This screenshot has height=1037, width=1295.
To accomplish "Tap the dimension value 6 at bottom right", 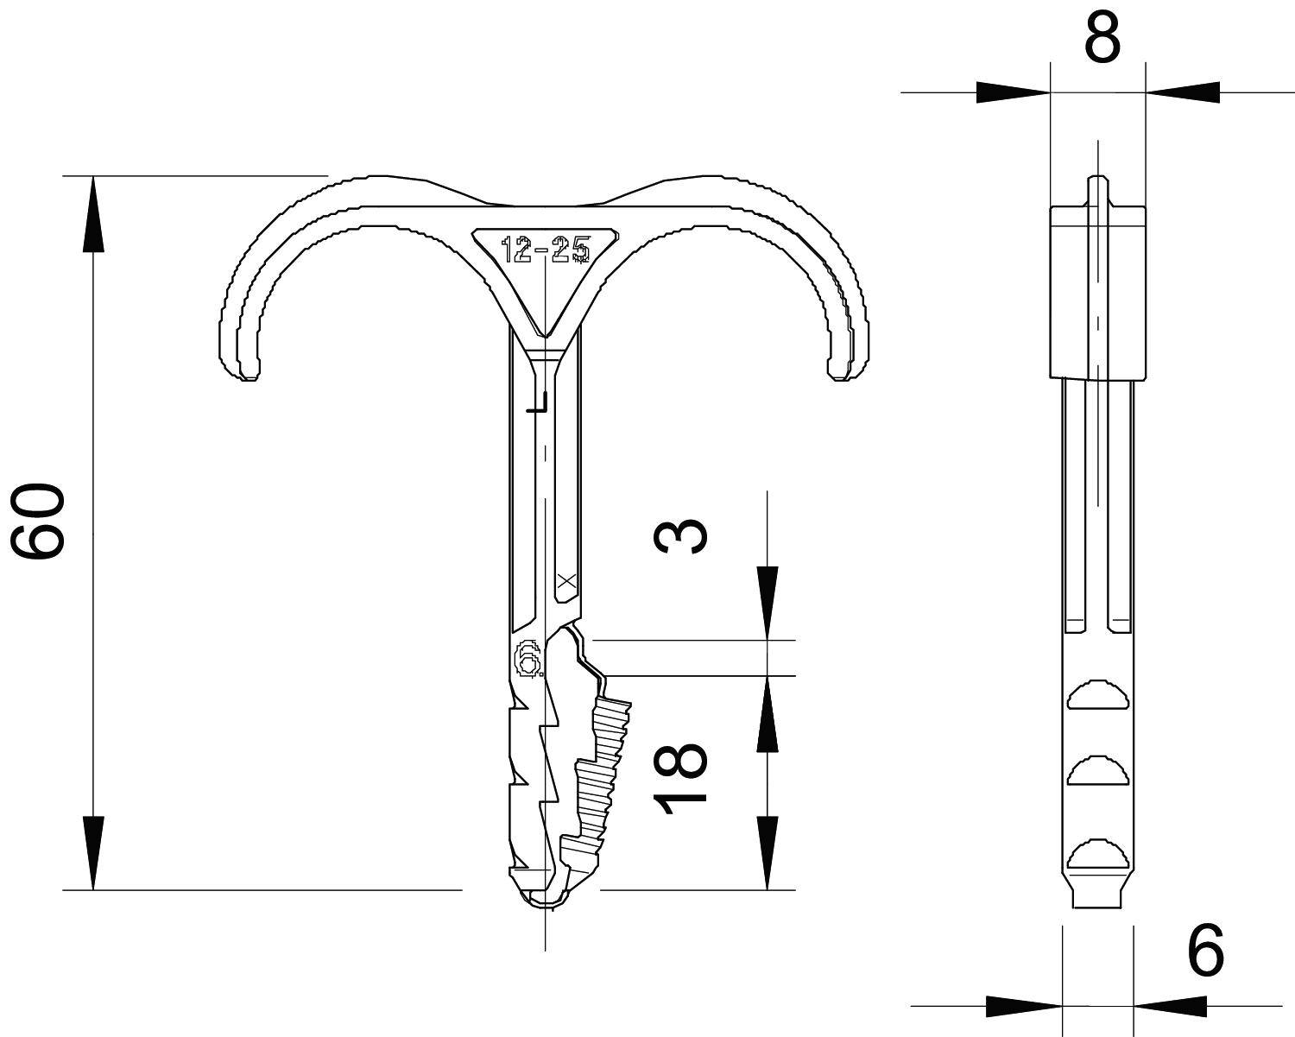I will click(x=1205, y=951).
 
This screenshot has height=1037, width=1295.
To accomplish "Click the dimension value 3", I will click(x=682, y=534).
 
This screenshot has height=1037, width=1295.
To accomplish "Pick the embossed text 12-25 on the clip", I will click(x=546, y=250).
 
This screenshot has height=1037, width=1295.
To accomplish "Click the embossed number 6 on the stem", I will click(x=527, y=659).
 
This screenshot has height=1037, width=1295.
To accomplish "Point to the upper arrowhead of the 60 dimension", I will click(x=93, y=216).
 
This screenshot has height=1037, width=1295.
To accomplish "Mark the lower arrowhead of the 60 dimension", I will click(x=93, y=850).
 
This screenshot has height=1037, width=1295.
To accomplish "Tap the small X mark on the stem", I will click(x=566, y=581).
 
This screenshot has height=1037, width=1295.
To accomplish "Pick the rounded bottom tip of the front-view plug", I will click(x=546, y=902).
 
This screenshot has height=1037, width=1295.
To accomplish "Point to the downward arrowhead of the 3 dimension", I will click(x=767, y=604).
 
